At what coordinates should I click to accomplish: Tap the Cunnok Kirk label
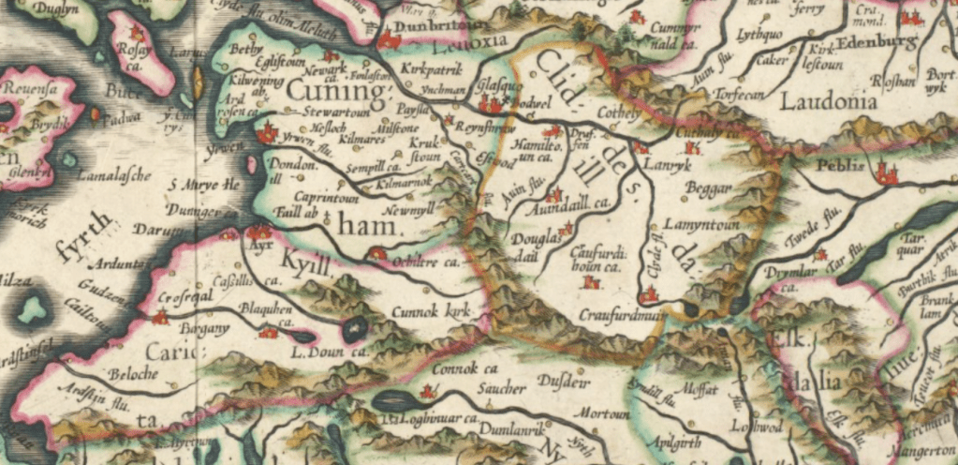click(x=433, y=308)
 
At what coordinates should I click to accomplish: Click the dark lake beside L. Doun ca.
click(x=355, y=328)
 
